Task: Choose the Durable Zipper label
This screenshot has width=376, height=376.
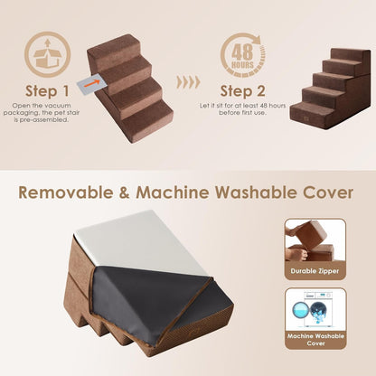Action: [x=314, y=268]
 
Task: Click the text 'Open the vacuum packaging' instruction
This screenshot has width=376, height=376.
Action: [x=47, y=112]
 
